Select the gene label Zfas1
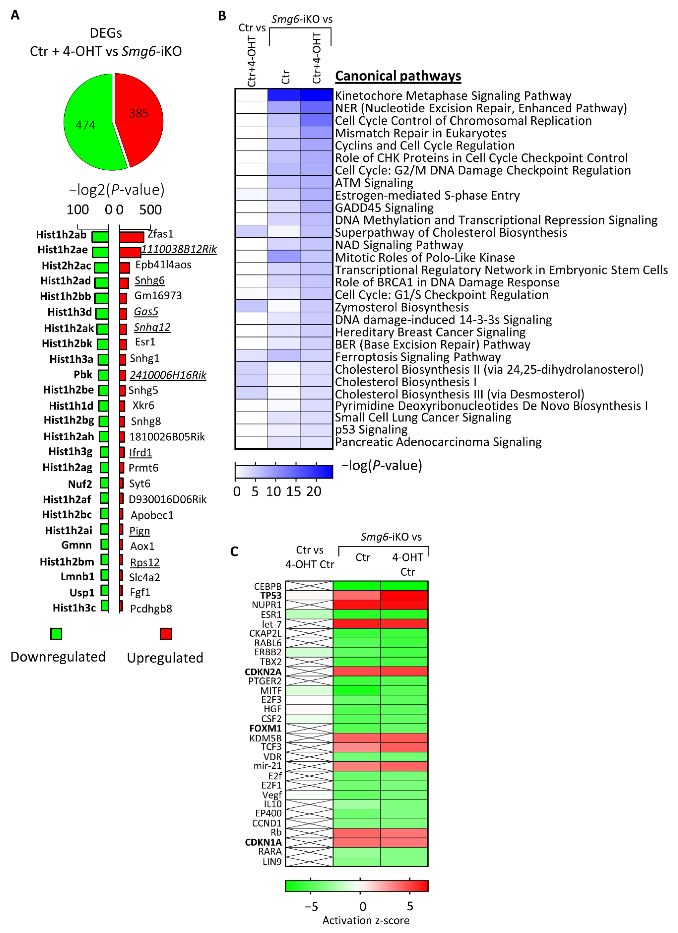[161, 234]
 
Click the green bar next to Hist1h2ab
[100, 237]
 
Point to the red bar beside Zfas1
[132, 237]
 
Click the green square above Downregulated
[56, 634]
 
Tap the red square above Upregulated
[166, 634]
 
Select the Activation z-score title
[366, 920]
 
